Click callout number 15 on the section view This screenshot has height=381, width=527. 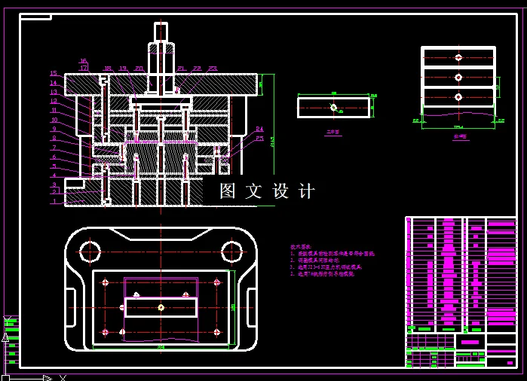[x=54, y=74]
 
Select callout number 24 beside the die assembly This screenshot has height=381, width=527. [x=259, y=129]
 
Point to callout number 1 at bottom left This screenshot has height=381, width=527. [x=54, y=202]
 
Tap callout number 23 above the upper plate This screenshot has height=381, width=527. [x=213, y=69]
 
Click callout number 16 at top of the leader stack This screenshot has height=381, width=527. [x=83, y=61]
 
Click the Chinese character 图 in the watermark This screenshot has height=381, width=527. [x=228, y=191]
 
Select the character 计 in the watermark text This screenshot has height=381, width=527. [x=307, y=191]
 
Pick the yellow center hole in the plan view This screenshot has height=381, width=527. [x=161, y=307]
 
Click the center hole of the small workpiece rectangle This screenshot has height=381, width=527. [x=333, y=108]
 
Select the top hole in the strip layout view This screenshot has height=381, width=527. [x=458, y=57]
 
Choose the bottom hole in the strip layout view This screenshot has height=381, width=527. [x=458, y=96]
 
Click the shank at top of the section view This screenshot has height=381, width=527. [x=161, y=32]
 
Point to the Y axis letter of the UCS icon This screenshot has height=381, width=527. [x=5, y=337]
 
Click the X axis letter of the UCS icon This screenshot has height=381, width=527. [x=63, y=377]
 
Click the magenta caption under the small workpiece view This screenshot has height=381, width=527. [x=332, y=132]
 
